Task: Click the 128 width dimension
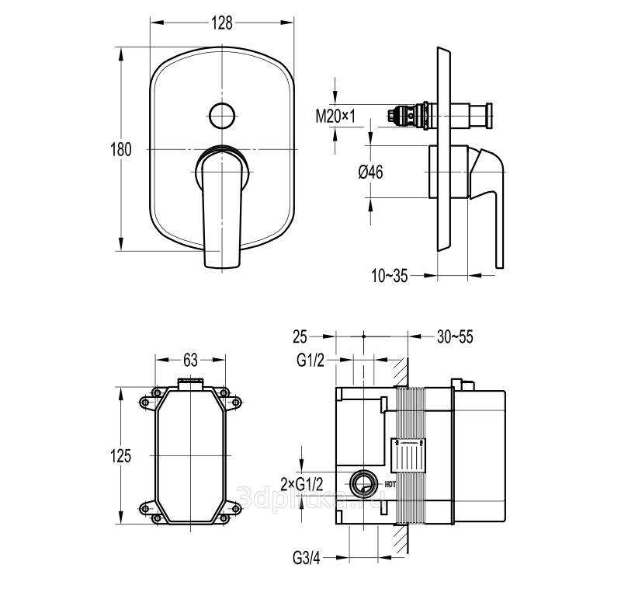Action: click(x=223, y=23)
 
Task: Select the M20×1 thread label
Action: click(x=335, y=116)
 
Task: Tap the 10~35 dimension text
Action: click(x=390, y=274)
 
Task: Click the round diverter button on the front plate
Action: click(x=223, y=116)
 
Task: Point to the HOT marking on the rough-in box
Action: click(x=390, y=488)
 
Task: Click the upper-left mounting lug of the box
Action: click(x=147, y=402)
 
